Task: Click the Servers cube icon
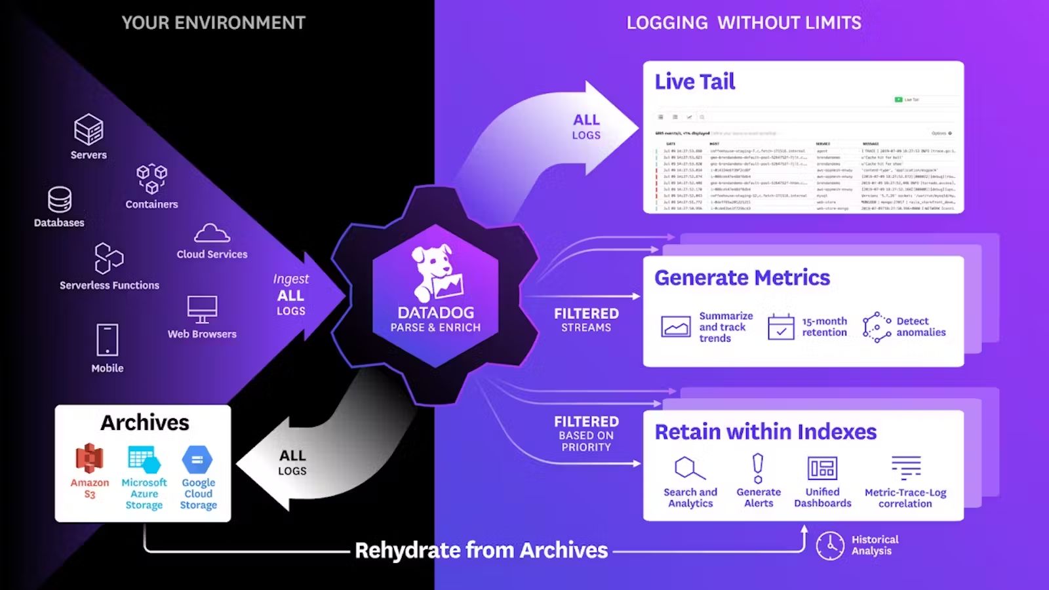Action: [x=89, y=129]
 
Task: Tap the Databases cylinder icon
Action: [x=60, y=199]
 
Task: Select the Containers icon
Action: [x=151, y=178]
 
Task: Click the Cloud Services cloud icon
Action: [x=212, y=233]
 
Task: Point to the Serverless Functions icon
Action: [x=109, y=258]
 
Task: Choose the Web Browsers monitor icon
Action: [x=202, y=309]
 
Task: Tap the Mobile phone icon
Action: [x=108, y=340]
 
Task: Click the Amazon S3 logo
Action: [x=90, y=458]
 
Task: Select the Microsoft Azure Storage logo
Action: [x=144, y=460]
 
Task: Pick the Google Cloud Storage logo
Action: [x=197, y=460]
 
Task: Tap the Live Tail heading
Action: [x=694, y=82]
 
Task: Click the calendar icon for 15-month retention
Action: [x=781, y=326]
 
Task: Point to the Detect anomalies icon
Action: [x=877, y=326]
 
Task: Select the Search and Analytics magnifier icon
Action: [x=689, y=468]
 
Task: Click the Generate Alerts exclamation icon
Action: [x=758, y=468]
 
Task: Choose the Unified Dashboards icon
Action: [x=822, y=468]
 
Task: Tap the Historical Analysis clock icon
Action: [x=830, y=545]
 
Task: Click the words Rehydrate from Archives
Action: [x=481, y=550]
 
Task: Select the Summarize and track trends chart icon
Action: [x=675, y=326]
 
